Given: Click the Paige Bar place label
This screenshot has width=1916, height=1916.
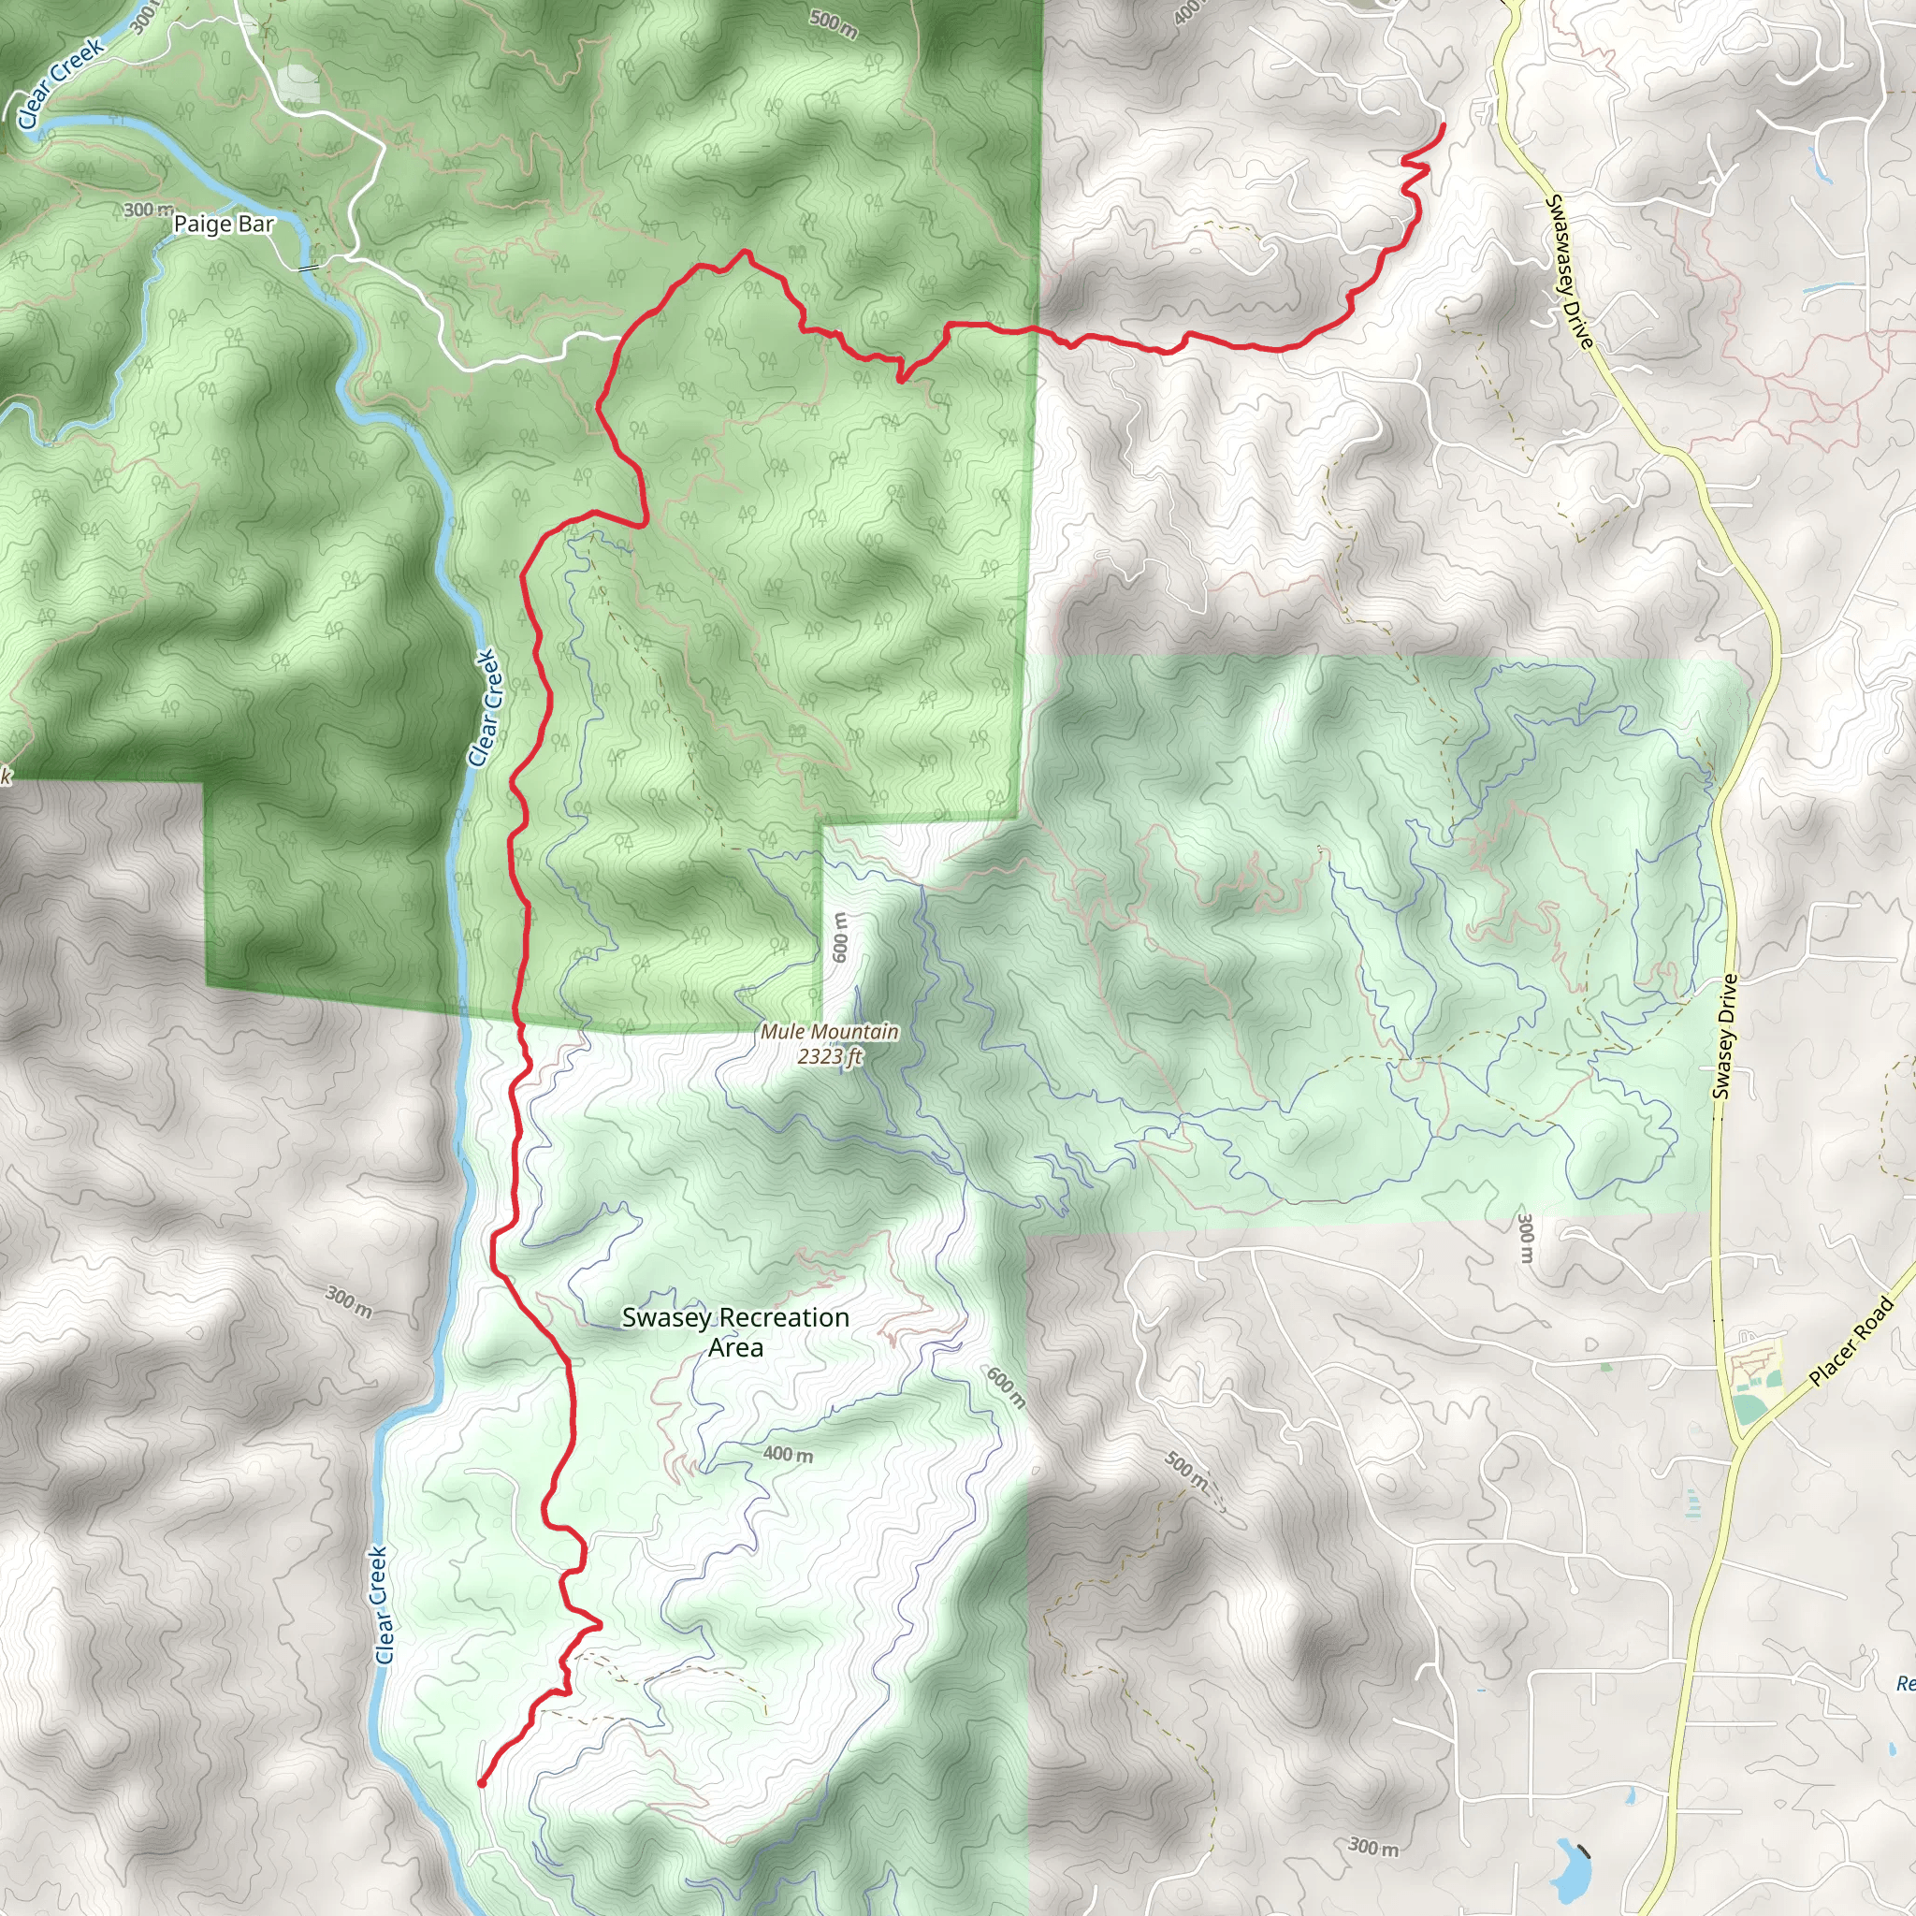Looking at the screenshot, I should tap(224, 225).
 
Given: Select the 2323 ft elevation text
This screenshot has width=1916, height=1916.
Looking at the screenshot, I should tap(830, 1056).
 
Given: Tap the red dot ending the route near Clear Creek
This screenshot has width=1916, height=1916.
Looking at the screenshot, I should tap(481, 1783).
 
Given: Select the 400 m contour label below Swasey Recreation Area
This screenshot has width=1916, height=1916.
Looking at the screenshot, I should tap(788, 1455).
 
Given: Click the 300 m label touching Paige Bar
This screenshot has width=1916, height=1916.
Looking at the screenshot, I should tap(148, 210).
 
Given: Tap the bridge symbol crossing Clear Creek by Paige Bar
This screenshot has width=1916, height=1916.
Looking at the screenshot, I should tap(309, 267).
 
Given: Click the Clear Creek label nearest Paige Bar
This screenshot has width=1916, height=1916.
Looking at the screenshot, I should tap(60, 83).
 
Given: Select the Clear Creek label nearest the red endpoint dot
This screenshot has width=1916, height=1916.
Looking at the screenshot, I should tap(382, 1604).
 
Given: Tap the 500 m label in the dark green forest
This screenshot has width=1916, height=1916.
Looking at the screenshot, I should tap(833, 25).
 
